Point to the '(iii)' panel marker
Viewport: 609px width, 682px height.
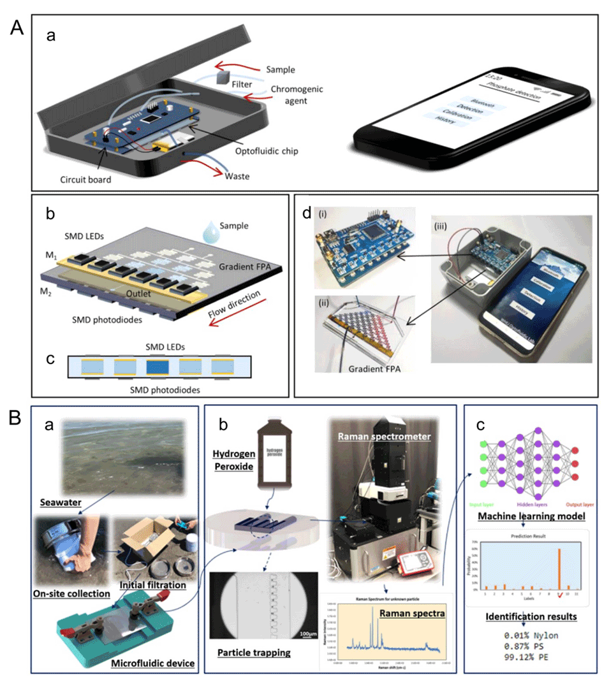(442, 224)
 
